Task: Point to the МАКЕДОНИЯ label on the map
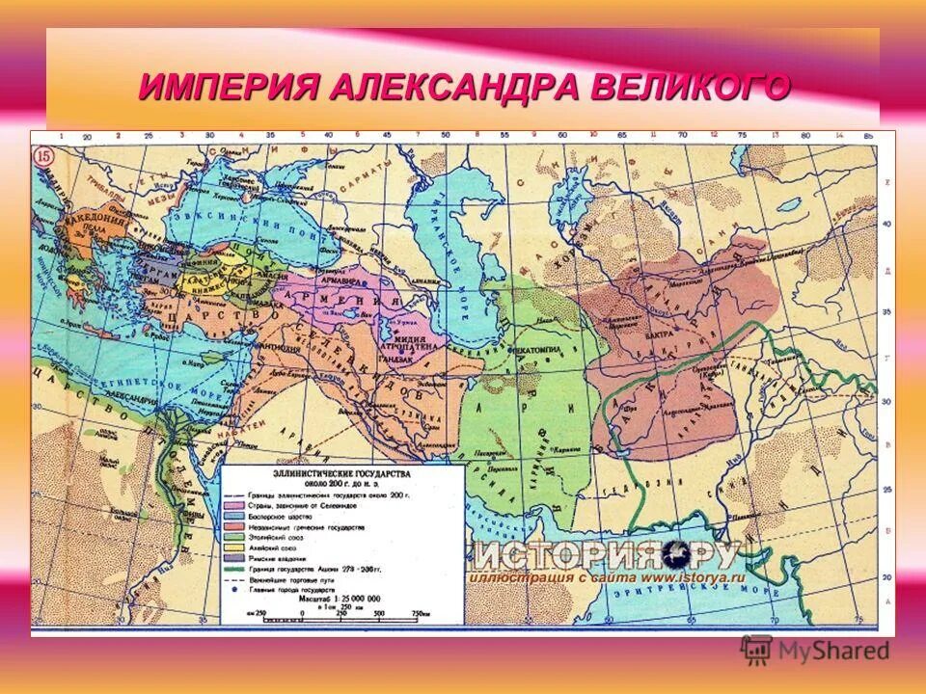[x=95, y=221]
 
